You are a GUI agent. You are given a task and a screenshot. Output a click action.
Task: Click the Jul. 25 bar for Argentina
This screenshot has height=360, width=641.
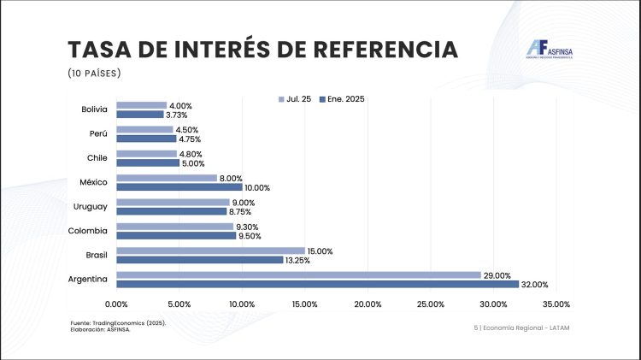click(x=298, y=275)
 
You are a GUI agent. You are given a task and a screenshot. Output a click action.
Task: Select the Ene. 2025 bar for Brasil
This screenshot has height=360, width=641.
click(x=199, y=260)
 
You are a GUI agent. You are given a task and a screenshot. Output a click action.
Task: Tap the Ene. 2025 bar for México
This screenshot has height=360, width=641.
click(x=179, y=187)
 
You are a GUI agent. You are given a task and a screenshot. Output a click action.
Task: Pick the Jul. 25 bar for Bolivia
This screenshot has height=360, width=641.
click(x=141, y=106)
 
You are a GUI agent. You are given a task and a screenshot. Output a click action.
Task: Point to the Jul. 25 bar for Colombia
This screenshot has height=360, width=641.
click(x=174, y=227)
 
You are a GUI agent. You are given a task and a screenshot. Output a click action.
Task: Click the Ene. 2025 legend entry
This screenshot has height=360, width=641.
click(x=341, y=99)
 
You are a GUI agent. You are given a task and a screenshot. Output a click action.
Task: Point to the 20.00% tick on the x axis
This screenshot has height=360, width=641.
click(x=368, y=304)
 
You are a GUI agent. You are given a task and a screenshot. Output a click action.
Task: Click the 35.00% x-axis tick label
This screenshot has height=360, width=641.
click(x=556, y=304)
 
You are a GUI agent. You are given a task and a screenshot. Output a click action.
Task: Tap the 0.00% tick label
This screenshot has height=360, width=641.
click(x=116, y=304)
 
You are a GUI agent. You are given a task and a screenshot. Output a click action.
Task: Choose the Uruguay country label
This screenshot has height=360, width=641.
click(x=90, y=207)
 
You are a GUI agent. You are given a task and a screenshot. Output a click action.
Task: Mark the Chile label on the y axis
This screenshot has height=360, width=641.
click(x=96, y=158)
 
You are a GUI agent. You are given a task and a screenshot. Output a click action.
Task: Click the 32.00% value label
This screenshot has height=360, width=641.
click(x=534, y=284)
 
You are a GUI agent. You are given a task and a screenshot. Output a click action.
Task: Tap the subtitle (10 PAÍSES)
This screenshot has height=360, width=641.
click(x=94, y=73)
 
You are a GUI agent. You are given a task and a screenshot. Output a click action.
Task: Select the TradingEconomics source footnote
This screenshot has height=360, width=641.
click(x=118, y=323)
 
